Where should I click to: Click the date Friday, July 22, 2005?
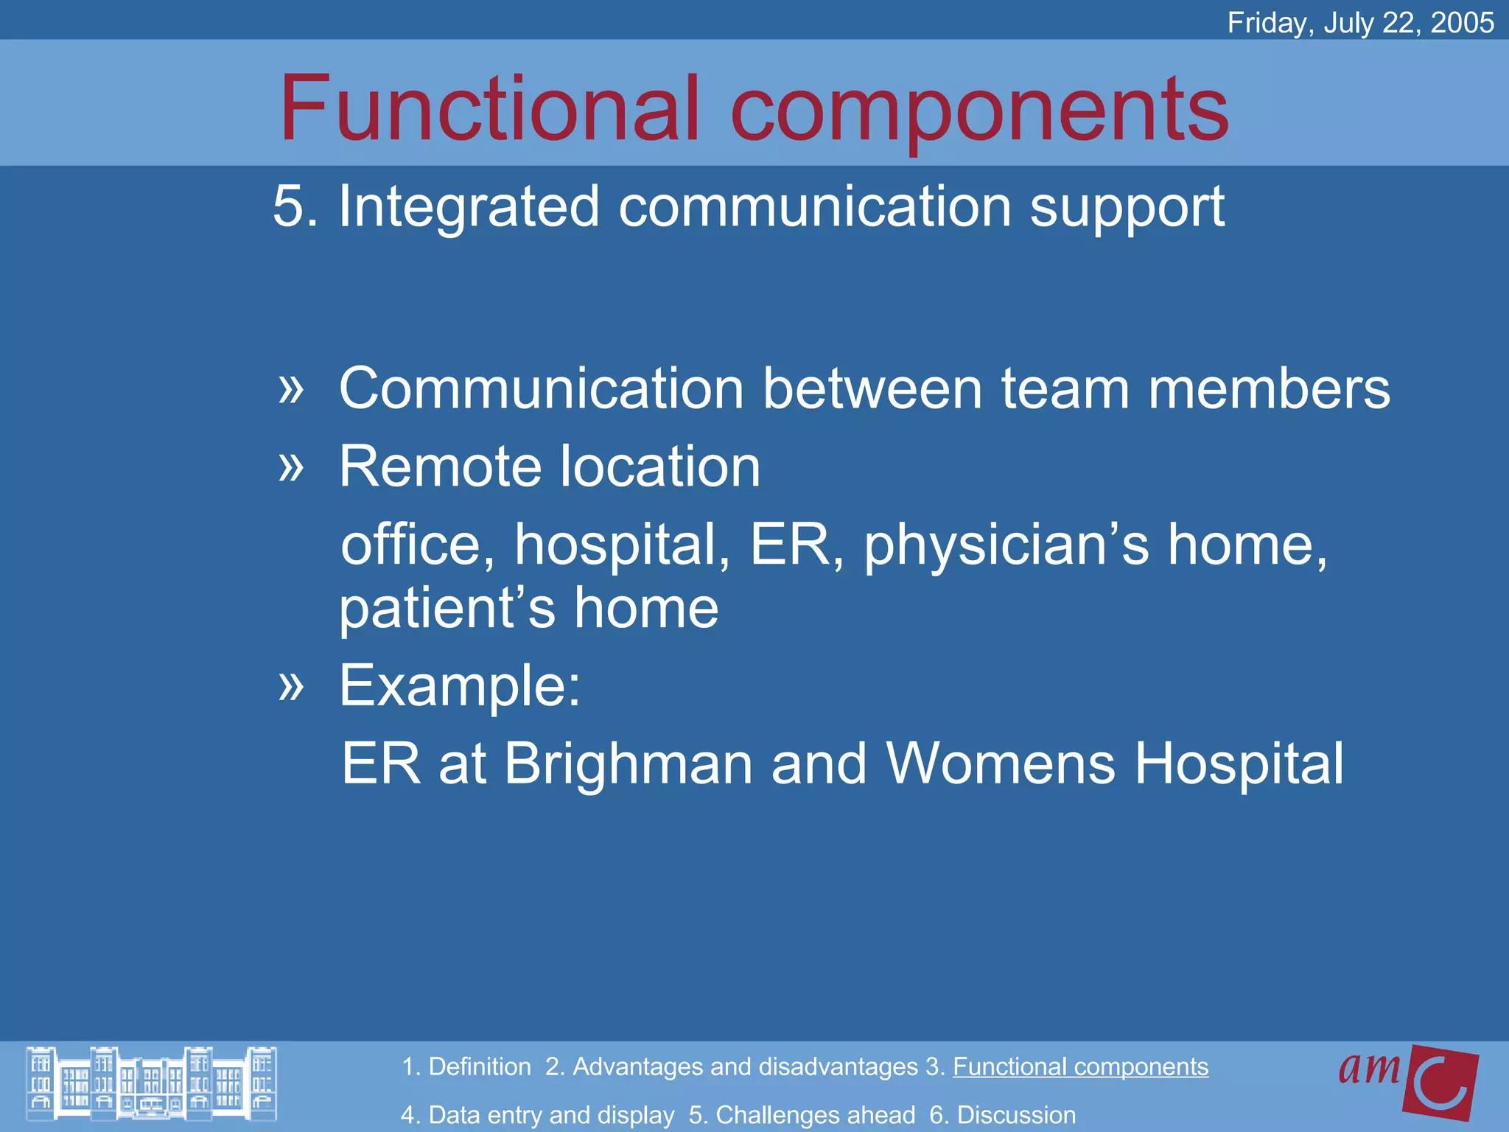1360,23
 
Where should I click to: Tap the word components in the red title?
979,111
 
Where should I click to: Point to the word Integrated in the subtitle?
469,208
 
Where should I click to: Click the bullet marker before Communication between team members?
291,388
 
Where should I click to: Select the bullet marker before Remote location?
291,467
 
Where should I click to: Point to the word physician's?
1006,546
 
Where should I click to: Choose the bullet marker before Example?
291,685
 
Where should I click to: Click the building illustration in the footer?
151,1083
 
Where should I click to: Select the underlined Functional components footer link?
1080,1066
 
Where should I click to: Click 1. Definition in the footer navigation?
466,1066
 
